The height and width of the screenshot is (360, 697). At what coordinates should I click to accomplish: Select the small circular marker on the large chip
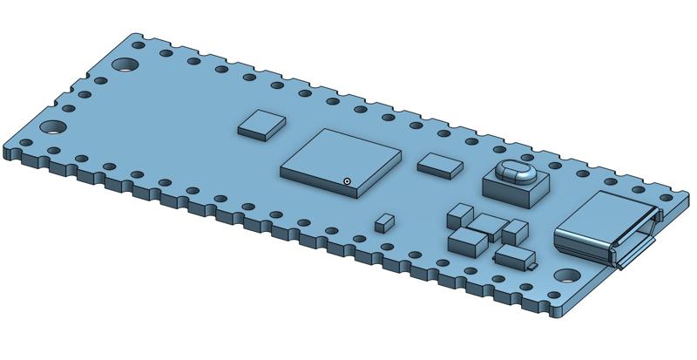click(347, 181)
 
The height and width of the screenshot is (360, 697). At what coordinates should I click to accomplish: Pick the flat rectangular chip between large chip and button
click(441, 163)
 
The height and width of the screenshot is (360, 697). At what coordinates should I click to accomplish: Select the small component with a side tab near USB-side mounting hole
click(515, 256)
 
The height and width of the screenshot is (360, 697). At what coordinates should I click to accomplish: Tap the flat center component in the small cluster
click(489, 224)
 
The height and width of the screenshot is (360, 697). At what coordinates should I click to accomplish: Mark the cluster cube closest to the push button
click(515, 231)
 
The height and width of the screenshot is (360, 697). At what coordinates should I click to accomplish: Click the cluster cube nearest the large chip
click(458, 214)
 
